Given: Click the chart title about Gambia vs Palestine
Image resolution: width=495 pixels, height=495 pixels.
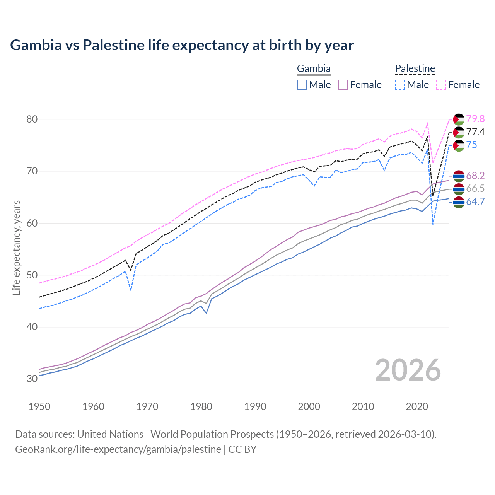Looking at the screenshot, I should (182, 45).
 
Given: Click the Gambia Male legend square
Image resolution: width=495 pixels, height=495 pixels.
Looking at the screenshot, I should (302, 85).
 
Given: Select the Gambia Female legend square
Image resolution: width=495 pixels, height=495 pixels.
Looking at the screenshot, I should (343, 85).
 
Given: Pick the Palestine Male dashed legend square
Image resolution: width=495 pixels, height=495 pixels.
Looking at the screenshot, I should (400, 85).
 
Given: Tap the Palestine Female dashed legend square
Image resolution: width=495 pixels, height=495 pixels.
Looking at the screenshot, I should (441, 85).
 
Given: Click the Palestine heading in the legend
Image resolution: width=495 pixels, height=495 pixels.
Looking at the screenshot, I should (415, 69).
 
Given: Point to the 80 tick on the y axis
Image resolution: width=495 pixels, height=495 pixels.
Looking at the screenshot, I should (32, 119).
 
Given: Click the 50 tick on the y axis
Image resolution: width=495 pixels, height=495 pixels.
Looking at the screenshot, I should (32, 275).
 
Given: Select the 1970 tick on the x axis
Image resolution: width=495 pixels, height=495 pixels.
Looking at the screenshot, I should (147, 406).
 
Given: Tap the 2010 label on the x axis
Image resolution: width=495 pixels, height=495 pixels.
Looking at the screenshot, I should (363, 406).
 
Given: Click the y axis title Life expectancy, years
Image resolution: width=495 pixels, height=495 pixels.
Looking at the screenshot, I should (16, 247).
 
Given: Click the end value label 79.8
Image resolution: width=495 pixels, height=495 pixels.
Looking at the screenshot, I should (475, 119).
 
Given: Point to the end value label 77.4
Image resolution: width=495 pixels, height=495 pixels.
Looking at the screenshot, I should (475, 132).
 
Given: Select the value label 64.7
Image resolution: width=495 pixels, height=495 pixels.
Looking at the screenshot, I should (475, 201).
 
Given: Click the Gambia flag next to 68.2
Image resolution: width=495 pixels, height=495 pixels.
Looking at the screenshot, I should (459, 176).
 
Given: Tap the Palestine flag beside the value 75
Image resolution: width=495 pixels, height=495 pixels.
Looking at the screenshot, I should (459, 145).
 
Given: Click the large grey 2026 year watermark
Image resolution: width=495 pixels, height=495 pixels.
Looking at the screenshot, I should (408, 370).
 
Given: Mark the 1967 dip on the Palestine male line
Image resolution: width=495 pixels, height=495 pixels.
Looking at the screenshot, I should (131, 290).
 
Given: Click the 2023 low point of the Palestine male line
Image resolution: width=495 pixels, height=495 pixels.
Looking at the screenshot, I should (433, 224).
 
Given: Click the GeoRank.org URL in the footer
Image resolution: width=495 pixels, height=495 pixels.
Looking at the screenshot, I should (118, 449).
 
